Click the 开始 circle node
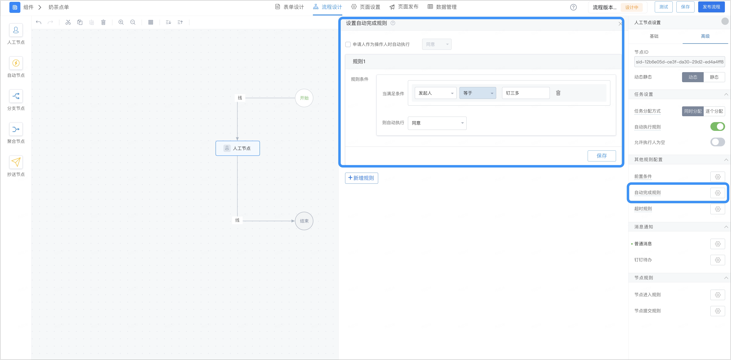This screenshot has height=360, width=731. pos(304,98)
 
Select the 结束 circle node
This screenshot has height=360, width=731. pos(304,221)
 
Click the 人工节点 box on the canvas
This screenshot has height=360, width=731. pos(237,148)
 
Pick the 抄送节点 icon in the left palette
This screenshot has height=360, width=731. pos(16,162)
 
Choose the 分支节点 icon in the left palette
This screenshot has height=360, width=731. pos(16,96)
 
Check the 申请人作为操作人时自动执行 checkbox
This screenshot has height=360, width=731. pos(348,44)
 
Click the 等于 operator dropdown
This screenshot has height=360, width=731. pos(478,93)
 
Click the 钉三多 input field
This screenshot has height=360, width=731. pos(526,93)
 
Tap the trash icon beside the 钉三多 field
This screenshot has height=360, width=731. pos(558,93)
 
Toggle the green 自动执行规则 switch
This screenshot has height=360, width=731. pos(717,127)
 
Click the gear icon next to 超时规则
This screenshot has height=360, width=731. pos(718,209)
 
